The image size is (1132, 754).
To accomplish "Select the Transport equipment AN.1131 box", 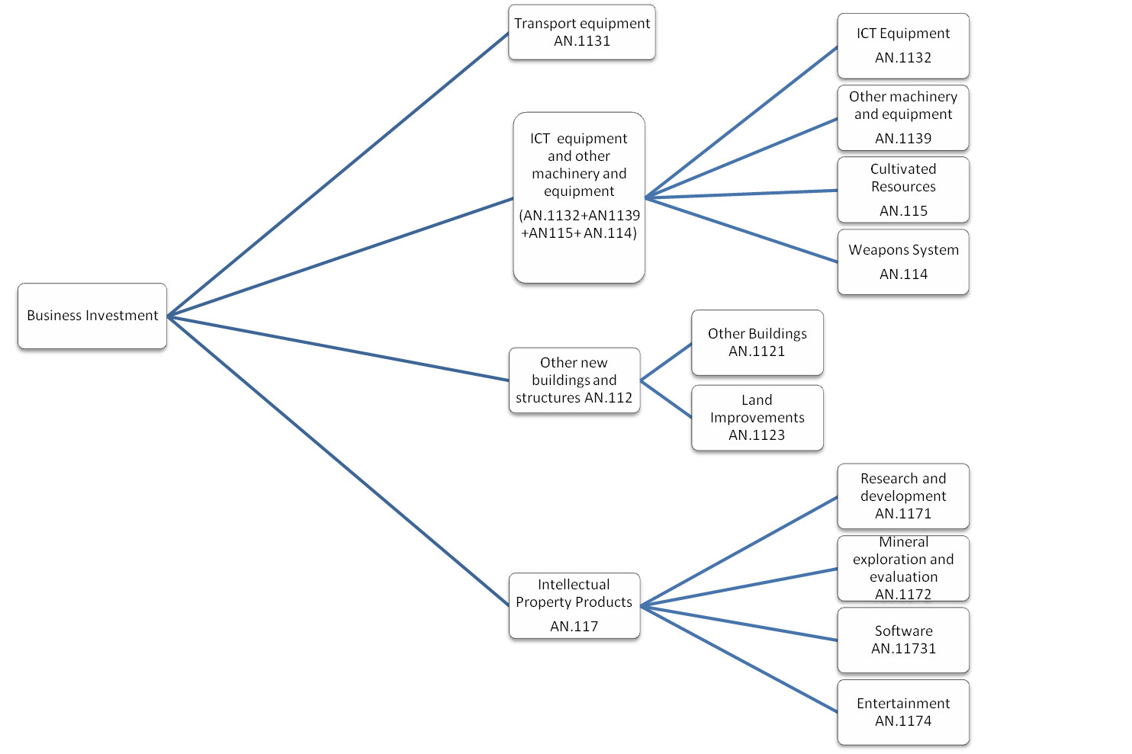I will point(582,33).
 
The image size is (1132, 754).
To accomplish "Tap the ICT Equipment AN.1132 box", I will point(903,45).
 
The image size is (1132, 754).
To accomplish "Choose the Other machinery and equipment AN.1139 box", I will point(903,117).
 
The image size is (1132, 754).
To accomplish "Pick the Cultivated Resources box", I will point(903,190).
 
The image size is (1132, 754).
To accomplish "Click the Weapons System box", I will point(903,261).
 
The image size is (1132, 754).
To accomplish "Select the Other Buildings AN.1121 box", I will point(757,342).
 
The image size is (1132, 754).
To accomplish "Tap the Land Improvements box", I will point(757,418).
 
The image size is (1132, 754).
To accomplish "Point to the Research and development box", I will point(903,496).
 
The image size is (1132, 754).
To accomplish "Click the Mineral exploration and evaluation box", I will point(903,568).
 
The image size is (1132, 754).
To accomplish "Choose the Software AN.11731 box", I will point(903,640).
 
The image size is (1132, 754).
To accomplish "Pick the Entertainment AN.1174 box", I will point(903,712).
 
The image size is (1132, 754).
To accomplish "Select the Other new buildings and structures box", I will point(574,380).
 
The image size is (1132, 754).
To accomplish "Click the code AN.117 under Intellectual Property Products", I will point(574,627).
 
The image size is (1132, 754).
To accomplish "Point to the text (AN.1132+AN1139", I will point(580,216).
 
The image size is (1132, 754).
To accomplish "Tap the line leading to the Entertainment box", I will point(740,659).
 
